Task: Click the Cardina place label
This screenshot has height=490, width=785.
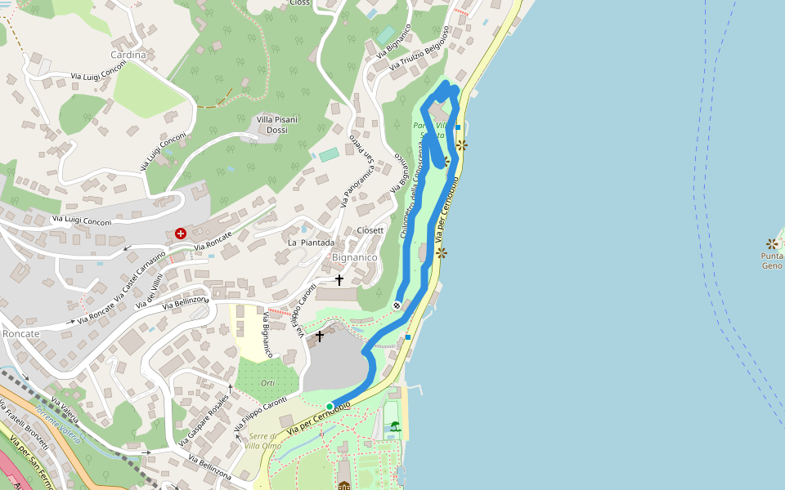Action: coord(128,55)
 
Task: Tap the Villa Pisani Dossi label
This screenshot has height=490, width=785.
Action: coord(277,124)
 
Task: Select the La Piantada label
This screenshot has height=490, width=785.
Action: coord(311,243)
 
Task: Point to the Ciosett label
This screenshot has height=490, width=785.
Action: coord(370,230)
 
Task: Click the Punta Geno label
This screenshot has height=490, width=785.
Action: coord(772,261)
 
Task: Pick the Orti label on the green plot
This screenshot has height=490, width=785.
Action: coord(267,383)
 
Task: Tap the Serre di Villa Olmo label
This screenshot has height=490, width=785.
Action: coord(264,441)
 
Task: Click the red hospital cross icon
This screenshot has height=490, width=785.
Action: coord(181,234)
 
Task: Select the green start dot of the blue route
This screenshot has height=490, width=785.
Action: coord(330,406)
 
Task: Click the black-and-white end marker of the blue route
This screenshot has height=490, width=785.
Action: coord(397,305)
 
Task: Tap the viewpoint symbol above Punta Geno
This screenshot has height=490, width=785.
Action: coord(771,243)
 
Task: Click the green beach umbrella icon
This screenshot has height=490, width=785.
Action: coord(396,426)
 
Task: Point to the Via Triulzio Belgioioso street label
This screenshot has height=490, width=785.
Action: coord(419,47)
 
